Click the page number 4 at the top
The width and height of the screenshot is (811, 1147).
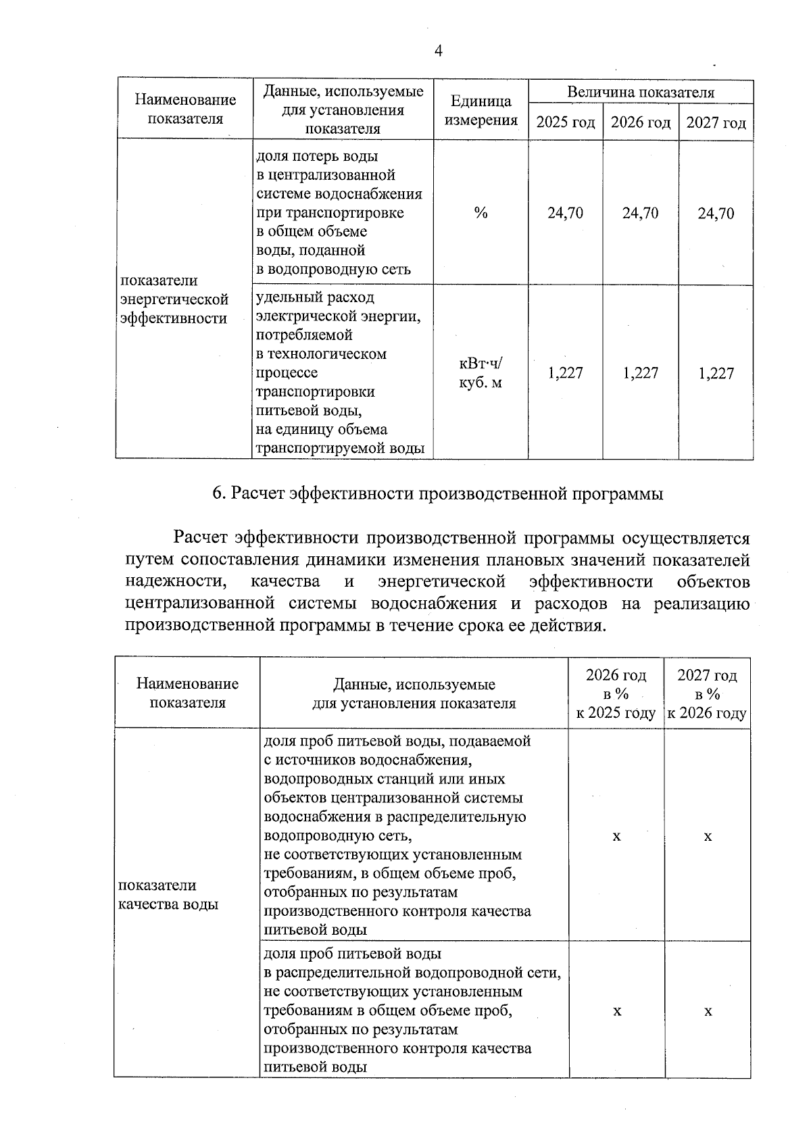[438, 51]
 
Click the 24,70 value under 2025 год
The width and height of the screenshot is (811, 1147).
[565, 214]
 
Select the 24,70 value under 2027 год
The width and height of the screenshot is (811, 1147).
[716, 214]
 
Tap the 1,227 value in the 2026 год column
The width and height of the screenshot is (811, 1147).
[640, 373]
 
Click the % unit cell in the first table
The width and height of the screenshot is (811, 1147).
[481, 214]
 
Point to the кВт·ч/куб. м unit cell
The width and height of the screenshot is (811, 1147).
[481, 373]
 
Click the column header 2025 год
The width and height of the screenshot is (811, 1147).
[565, 123]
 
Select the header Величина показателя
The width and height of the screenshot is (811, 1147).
[640, 92]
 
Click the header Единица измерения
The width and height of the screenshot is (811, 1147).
[481, 111]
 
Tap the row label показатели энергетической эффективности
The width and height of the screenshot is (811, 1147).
[174, 299]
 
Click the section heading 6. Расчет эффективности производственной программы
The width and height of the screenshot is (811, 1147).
[438, 494]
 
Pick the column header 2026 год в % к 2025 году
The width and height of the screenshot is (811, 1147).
[616, 694]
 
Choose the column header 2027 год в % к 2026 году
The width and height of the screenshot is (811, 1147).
[707, 694]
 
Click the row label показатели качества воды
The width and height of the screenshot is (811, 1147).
[168, 895]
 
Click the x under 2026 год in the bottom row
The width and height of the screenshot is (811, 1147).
[616, 1011]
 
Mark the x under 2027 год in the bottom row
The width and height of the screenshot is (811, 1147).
[708, 1011]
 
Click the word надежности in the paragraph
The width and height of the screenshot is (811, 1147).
[174, 582]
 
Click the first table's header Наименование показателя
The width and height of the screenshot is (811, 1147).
[185, 109]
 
